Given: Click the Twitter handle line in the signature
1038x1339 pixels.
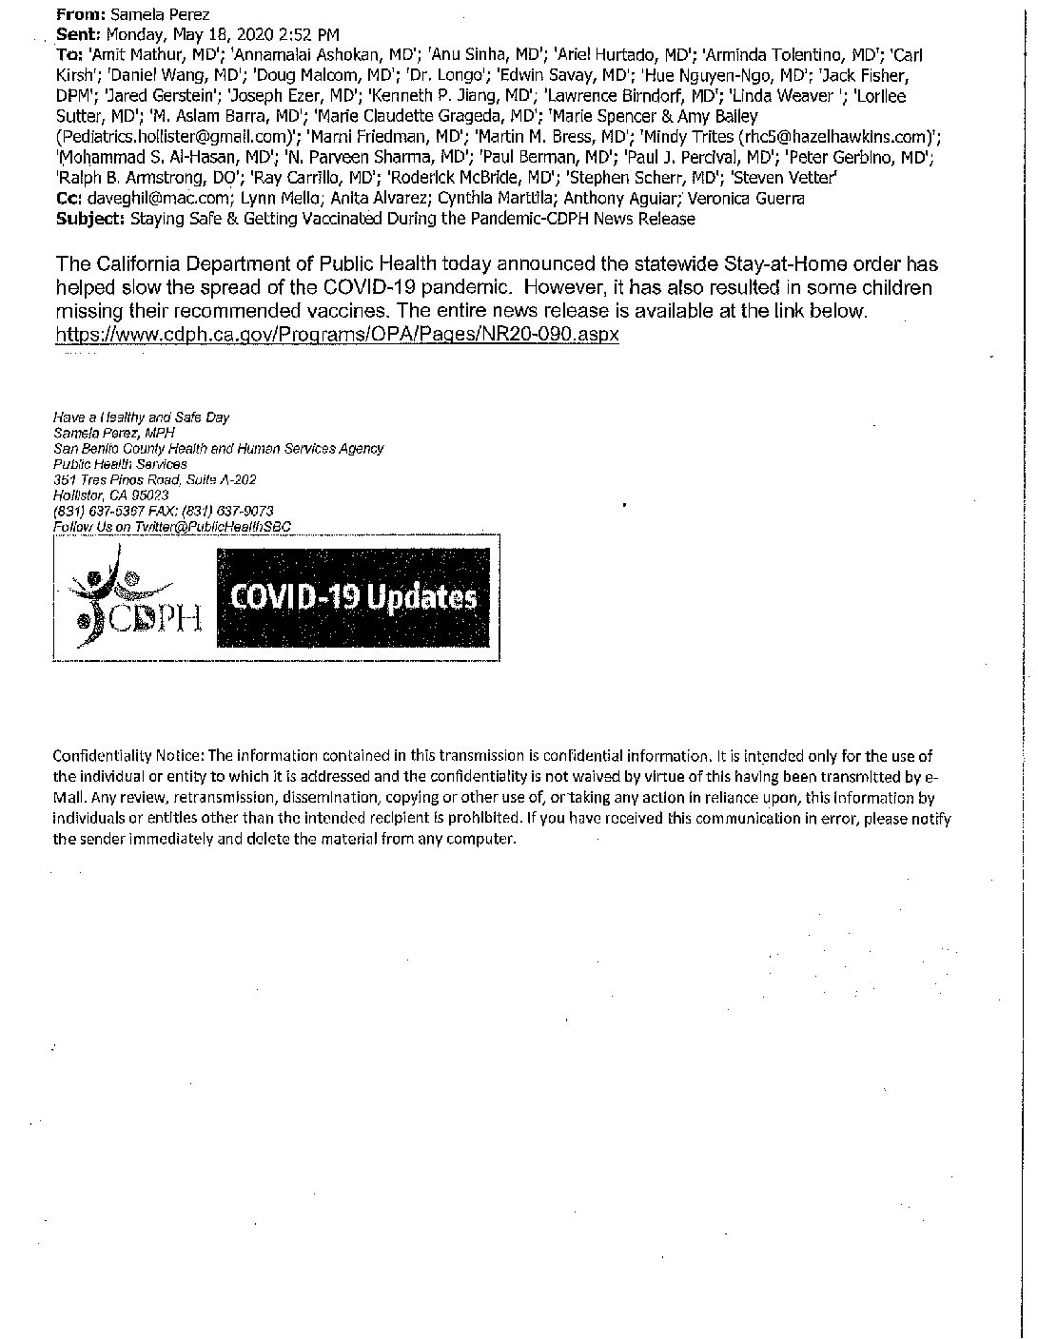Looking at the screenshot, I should (x=173, y=526).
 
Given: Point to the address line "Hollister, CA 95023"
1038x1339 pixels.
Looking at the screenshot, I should (x=111, y=495).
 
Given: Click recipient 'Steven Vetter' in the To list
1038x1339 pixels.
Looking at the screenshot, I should (x=798, y=178).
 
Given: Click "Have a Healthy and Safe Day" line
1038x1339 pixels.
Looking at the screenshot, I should (x=142, y=417).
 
